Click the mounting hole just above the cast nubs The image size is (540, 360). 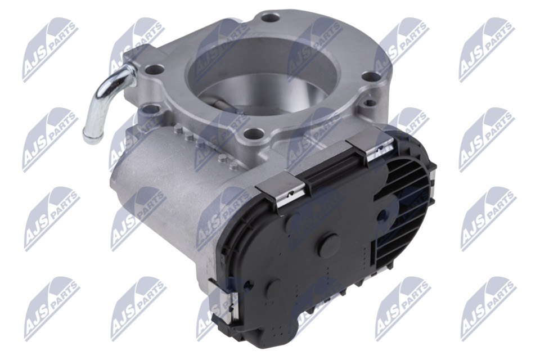[x=253, y=133]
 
